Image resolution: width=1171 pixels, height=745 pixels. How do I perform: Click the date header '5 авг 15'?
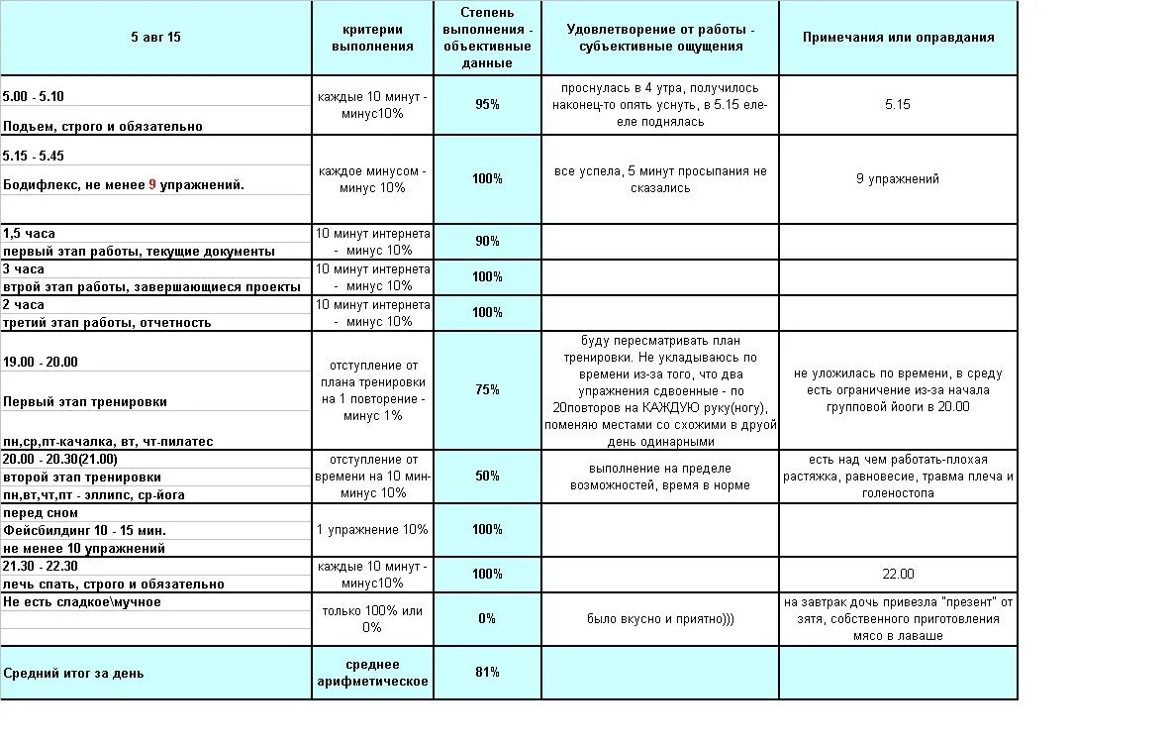click(x=155, y=38)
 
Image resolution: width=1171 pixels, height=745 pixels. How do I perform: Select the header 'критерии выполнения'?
click(x=372, y=38)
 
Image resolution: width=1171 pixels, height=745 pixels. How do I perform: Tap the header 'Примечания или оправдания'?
click(x=898, y=38)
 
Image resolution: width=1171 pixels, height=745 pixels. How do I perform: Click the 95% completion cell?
click(x=487, y=104)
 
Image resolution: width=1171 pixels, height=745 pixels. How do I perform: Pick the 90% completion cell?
click(x=487, y=241)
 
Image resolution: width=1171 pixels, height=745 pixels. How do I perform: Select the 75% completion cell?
click(x=487, y=389)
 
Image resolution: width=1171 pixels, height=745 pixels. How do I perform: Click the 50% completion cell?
click(x=487, y=476)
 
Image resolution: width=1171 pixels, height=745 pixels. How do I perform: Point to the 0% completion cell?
click(x=487, y=618)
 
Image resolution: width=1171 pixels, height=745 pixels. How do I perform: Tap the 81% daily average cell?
click(x=487, y=673)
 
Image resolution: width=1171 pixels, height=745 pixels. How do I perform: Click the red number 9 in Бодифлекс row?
click(x=152, y=185)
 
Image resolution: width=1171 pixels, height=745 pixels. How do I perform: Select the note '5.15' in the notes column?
click(x=898, y=104)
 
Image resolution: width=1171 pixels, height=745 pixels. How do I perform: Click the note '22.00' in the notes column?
click(x=898, y=574)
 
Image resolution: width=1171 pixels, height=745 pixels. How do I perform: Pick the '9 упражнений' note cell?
click(x=898, y=179)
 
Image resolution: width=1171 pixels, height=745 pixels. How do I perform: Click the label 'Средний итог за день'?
click(x=73, y=674)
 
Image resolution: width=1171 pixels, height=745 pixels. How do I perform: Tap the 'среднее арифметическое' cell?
click(x=372, y=673)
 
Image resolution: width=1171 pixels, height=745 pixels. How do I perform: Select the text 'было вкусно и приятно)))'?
click(x=660, y=618)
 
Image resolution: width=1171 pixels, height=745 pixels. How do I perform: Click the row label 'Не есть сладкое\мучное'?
click(x=82, y=601)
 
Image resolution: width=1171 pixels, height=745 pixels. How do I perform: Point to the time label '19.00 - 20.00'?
click(x=41, y=362)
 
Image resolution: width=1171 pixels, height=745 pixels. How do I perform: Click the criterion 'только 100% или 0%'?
click(x=372, y=618)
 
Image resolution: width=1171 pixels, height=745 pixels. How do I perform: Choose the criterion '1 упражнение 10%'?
click(x=372, y=529)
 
